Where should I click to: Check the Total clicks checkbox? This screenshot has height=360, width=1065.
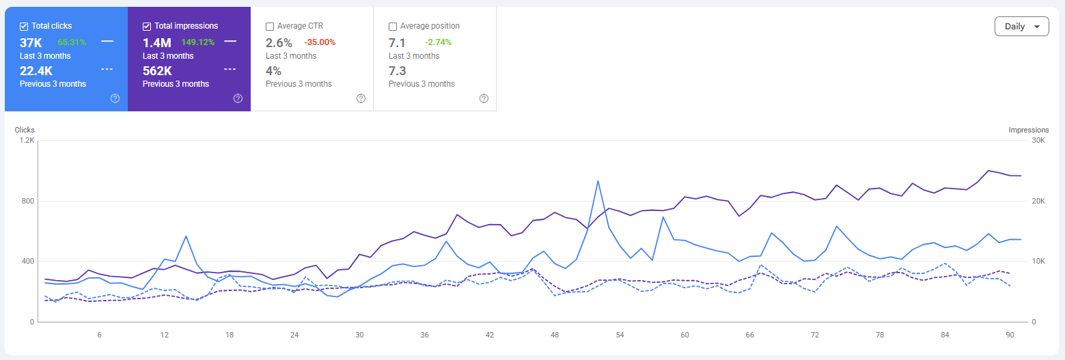(x=24, y=27)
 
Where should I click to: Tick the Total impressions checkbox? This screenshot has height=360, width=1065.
(x=147, y=27)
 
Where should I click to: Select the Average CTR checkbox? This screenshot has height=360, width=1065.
(x=270, y=27)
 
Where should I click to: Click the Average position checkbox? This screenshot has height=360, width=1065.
(x=393, y=27)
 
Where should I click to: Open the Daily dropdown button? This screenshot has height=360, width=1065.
(x=1022, y=27)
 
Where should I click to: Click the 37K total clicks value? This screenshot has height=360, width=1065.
(x=31, y=43)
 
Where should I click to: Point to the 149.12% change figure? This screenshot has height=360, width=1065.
(x=198, y=42)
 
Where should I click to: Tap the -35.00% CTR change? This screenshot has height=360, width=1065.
(x=320, y=42)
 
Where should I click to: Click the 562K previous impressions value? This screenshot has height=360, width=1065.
(x=157, y=71)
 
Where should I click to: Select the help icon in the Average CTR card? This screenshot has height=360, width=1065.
(x=361, y=98)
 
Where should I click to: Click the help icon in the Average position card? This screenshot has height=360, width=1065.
(x=484, y=98)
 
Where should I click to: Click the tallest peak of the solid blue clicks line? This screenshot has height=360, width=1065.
(x=598, y=181)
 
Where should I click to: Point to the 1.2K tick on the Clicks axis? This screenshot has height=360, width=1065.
(x=27, y=140)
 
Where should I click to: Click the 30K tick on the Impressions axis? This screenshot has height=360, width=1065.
(x=1038, y=140)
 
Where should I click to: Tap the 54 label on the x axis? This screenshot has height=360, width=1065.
(x=620, y=335)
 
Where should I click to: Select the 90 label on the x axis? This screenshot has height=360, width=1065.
(x=1010, y=335)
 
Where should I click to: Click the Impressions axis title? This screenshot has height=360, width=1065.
(x=1029, y=130)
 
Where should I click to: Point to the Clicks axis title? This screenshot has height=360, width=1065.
(x=25, y=130)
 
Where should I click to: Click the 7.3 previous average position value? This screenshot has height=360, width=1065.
(x=398, y=71)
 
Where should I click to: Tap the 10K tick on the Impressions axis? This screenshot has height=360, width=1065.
(x=1038, y=261)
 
